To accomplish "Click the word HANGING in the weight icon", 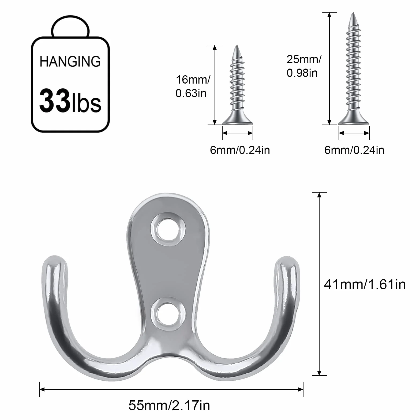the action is point(70,62).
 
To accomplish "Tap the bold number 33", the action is point(55,101).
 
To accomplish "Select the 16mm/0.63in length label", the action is point(193,87).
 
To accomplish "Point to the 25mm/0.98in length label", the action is point(304,66).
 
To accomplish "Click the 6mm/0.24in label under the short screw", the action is point(240,150).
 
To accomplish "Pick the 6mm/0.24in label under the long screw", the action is point(354,150).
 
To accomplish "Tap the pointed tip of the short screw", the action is point(237,46).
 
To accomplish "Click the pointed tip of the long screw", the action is point(353,14).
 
